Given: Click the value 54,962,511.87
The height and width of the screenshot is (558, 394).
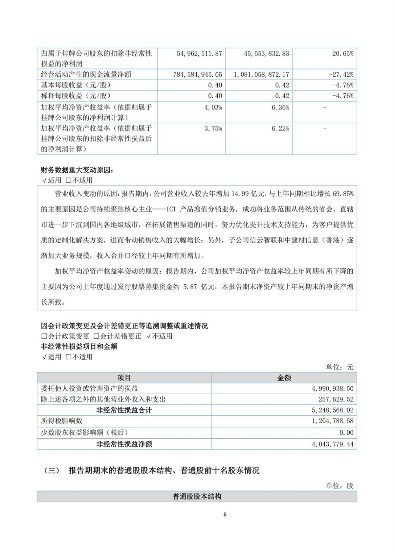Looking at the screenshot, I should (199, 54).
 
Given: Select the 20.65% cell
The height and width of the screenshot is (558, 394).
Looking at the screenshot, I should (342, 54).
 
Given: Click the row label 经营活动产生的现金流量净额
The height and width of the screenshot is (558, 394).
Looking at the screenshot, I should (86, 75).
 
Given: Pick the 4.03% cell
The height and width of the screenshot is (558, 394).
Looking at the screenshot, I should (213, 108).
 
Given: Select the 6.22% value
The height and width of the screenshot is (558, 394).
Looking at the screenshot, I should (280, 129).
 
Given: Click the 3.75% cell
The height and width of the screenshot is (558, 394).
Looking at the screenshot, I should (213, 129).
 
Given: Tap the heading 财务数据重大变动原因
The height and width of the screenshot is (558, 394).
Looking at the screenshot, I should (77, 170).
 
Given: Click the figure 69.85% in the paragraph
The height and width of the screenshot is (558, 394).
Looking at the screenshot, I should (343, 194).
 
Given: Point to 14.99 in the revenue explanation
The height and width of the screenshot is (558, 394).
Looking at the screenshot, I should (240, 194).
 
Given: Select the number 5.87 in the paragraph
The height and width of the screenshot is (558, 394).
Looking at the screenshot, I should (190, 287).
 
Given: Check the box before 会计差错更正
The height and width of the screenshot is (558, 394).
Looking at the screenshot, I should (96, 336).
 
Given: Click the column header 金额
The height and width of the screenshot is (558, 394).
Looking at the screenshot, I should (284, 378).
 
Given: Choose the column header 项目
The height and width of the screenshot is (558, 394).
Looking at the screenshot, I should (124, 378).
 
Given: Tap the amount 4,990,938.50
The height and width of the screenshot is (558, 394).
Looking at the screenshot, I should (332, 389).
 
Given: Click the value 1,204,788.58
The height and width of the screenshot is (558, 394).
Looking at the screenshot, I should (332, 421).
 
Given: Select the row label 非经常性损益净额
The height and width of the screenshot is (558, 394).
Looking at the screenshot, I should (124, 444).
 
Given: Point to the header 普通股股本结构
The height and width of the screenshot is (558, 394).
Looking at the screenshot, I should (197, 497).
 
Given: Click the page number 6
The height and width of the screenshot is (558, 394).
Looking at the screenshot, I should (225, 515).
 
